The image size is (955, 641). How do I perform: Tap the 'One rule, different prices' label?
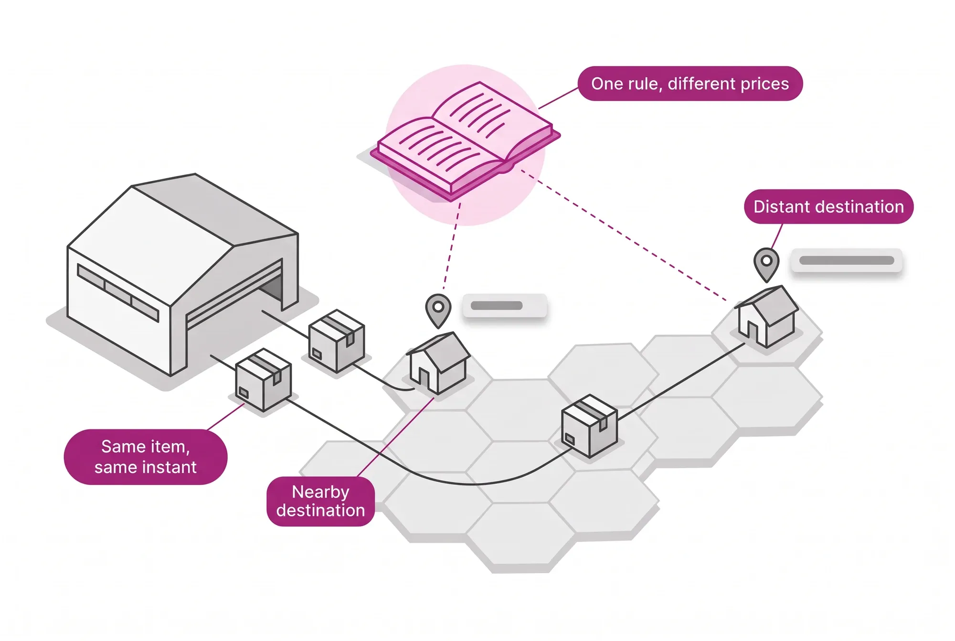point(690,84)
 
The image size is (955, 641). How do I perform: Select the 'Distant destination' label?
point(828,206)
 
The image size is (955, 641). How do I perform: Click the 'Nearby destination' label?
point(320,501)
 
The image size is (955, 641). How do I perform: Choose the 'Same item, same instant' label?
point(146,457)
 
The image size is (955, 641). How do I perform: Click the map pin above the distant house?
point(766,264)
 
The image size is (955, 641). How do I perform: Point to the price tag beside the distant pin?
point(847,260)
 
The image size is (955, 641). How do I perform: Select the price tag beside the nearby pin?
point(505,306)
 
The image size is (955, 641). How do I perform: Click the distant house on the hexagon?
point(766,316)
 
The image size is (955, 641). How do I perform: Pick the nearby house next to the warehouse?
point(438,363)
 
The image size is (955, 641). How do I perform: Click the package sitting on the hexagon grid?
point(589,426)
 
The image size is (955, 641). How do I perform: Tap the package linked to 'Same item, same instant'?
point(263,380)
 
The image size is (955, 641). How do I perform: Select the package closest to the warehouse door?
point(336,341)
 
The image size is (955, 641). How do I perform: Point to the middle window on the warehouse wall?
point(118,291)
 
